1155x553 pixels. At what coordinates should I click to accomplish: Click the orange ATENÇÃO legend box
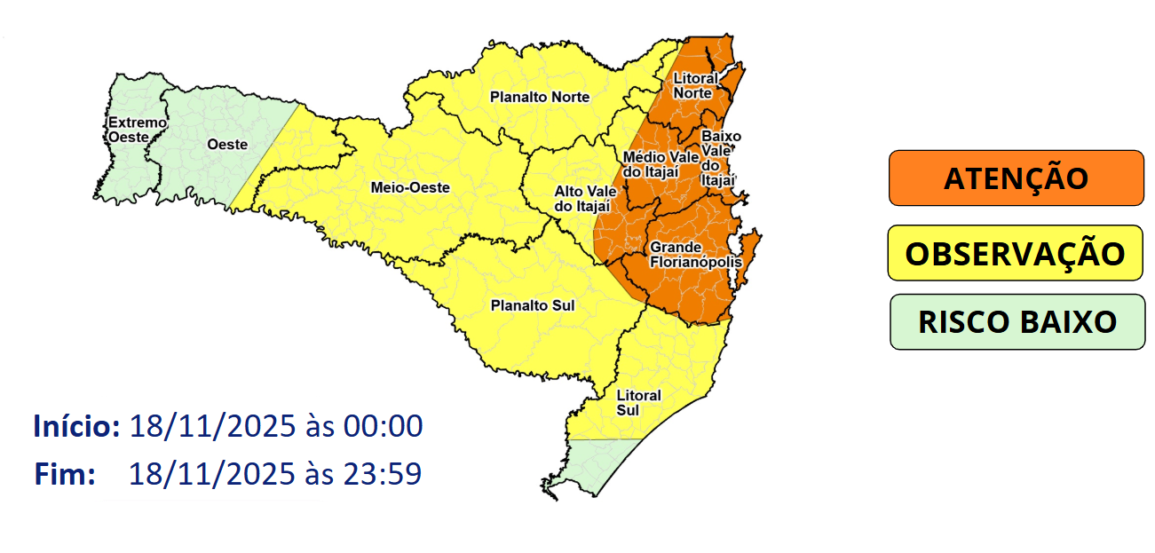(x=1016, y=178)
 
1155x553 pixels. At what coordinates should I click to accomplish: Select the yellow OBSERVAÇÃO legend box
(x=1015, y=253)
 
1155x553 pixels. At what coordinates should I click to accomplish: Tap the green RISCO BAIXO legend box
(x=1017, y=321)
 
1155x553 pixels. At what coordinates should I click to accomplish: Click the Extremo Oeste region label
(x=137, y=130)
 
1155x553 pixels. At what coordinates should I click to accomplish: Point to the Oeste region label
(x=226, y=144)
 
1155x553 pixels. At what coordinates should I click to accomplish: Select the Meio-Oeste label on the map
(x=410, y=187)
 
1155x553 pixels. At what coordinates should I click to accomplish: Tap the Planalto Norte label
(x=539, y=97)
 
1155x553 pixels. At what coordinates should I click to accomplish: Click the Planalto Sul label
(x=533, y=305)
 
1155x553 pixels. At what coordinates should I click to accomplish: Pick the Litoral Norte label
(x=692, y=86)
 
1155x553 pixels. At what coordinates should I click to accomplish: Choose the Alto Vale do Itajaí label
(x=580, y=198)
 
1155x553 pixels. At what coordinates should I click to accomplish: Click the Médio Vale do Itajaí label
(x=650, y=164)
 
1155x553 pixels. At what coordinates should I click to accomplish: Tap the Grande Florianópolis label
(x=684, y=254)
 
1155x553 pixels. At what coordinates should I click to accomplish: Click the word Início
(x=76, y=426)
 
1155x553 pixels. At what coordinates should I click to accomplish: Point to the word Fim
(x=65, y=474)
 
